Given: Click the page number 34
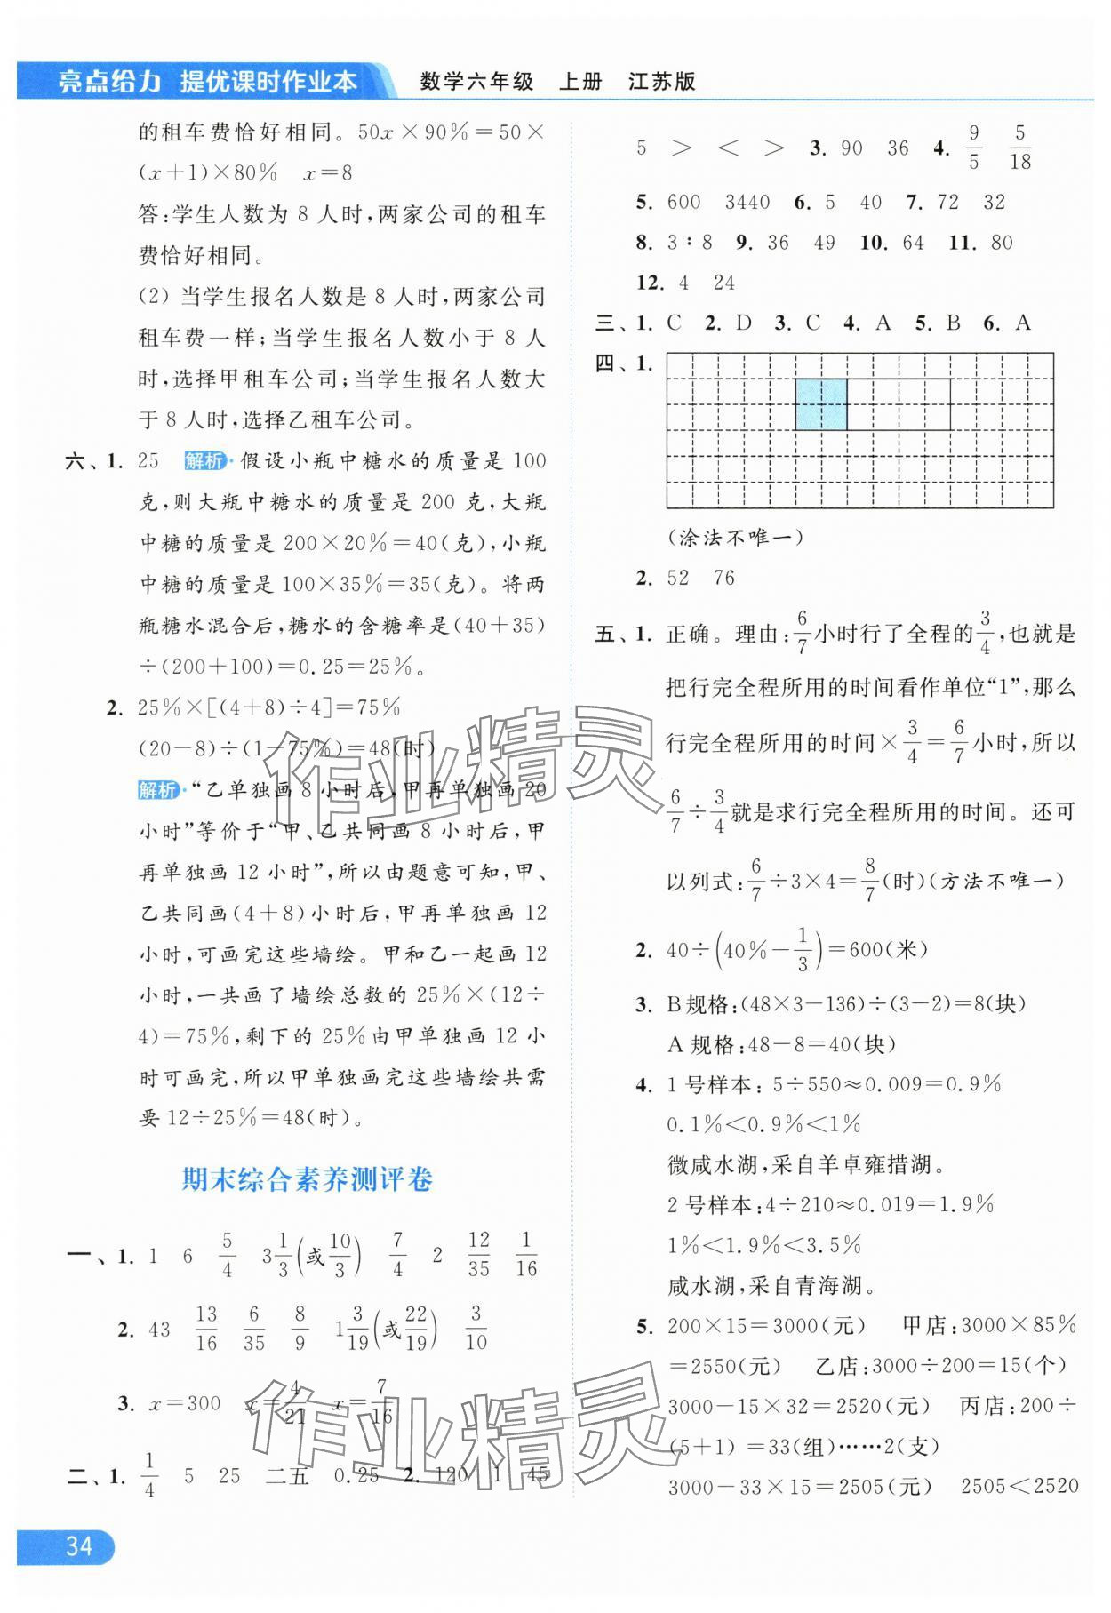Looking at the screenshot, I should click(x=78, y=1547).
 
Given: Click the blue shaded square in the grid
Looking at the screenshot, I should click(x=821, y=404).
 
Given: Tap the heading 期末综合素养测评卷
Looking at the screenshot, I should click(x=307, y=1179).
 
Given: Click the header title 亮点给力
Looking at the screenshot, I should click(x=108, y=82).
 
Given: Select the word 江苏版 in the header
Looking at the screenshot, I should click(x=661, y=82).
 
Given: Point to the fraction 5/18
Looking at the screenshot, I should click(x=1019, y=148).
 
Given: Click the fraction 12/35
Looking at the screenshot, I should click(x=478, y=1254).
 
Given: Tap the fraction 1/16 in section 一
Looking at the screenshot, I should click(x=526, y=1254).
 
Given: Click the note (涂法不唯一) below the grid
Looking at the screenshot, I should click(x=734, y=537).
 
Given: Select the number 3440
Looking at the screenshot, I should click(x=747, y=203).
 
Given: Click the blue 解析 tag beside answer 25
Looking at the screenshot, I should click(x=204, y=460).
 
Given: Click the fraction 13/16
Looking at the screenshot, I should click(x=206, y=1330).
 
